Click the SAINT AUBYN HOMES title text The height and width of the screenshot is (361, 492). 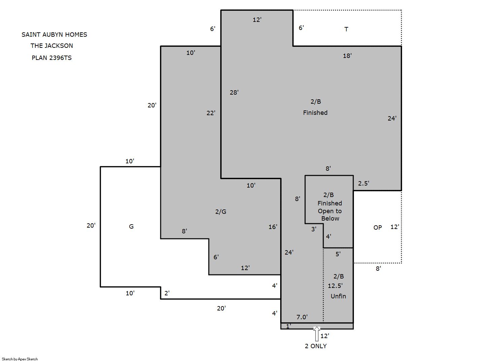[54, 35]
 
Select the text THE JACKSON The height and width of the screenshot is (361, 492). [52, 46]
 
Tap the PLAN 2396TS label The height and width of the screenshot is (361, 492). [52, 58]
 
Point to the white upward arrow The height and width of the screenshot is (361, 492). [317, 333]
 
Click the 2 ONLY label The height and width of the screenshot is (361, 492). [316, 346]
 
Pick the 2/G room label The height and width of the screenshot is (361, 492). [221, 212]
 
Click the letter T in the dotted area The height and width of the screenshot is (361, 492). [346, 29]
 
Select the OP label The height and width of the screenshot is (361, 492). [378, 228]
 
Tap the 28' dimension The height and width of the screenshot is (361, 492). [234, 93]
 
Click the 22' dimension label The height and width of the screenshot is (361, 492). [211, 113]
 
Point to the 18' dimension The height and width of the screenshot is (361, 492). [347, 56]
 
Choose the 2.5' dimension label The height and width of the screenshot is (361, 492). [363, 183]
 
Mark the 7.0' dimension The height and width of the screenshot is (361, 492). [302, 317]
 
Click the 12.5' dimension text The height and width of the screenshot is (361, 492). [335, 286]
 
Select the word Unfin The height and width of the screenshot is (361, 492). [338, 296]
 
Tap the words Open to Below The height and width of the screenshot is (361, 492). [330, 215]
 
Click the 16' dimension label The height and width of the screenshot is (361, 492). [273, 227]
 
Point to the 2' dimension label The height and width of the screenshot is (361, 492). [167, 293]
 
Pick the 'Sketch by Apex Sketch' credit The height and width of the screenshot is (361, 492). [20, 359]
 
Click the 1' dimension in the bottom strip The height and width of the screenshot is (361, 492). [288, 326]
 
